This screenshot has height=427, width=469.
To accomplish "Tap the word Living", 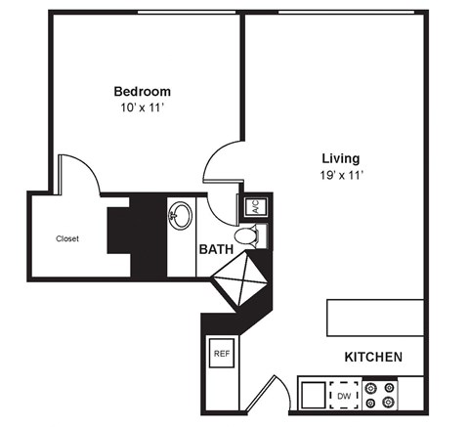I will [341, 157].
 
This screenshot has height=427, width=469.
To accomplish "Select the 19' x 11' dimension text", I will [341, 174].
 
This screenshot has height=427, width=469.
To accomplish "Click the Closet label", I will [66, 238].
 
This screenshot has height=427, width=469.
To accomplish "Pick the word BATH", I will [216, 249].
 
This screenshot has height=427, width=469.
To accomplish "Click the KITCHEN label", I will [373, 358].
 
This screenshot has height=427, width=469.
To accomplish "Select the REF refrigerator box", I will [222, 353].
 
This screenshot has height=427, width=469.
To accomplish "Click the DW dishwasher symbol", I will [344, 396].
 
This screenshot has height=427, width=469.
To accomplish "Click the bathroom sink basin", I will [180, 215].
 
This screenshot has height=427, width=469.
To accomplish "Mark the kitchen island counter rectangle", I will [375, 318].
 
